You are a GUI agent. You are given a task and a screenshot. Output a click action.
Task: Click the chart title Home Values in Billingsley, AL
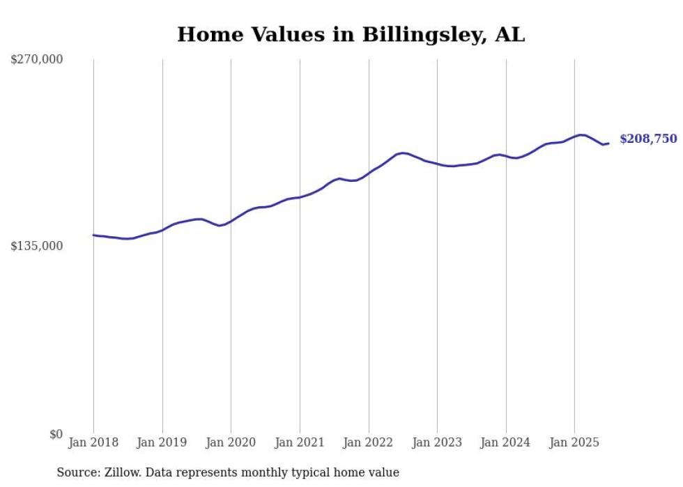point(351,35)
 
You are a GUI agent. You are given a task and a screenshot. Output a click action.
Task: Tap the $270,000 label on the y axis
point(37,60)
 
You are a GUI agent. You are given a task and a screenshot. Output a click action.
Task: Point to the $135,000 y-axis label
point(37,246)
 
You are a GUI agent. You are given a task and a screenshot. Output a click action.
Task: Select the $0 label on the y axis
point(56,434)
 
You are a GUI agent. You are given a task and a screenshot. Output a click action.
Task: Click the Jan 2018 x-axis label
point(93,442)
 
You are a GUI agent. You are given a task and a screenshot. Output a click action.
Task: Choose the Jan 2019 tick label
point(162,442)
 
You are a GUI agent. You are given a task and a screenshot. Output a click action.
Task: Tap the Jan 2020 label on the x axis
point(231,442)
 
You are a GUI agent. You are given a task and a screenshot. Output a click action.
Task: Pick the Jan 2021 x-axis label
point(300,442)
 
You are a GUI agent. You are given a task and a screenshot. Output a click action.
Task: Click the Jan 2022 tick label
point(369,442)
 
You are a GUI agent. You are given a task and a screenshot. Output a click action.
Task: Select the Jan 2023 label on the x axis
point(437,442)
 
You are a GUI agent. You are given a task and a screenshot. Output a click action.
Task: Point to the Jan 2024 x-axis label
point(506,442)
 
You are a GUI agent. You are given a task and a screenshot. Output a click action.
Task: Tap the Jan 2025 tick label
point(574,442)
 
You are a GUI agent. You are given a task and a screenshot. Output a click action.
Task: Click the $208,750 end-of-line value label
point(648,139)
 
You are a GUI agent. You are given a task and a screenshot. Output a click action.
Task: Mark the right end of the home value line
point(608,144)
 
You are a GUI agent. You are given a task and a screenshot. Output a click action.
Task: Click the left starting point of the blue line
point(93,235)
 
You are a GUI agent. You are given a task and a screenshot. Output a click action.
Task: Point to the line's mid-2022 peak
point(403,153)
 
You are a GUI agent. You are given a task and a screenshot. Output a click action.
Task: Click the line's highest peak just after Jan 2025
point(581,134)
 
